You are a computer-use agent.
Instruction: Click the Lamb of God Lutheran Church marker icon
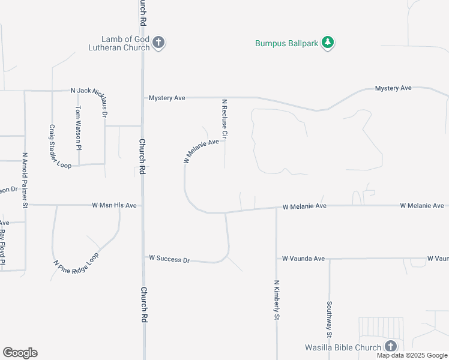click(x=158, y=43)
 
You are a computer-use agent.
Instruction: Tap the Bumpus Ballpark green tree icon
click(x=328, y=43)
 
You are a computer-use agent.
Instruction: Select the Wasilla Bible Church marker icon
click(x=391, y=346)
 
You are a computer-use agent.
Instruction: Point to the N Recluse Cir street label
click(x=224, y=119)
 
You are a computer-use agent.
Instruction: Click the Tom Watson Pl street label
click(x=78, y=127)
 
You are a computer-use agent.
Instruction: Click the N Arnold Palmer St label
click(x=25, y=180)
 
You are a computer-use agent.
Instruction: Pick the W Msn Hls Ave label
click(x=114, y=205)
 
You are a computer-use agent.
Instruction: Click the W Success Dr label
click(x=169, y=259)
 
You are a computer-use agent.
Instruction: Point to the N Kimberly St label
click(x=277, y=299)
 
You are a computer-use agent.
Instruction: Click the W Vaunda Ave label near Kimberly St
click(x=303, y=259)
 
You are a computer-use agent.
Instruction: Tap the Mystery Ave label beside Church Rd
click(x=167, y=98)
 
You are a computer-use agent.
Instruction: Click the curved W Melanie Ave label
click(x=201, y=152)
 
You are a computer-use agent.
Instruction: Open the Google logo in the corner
click(x=20, y=353)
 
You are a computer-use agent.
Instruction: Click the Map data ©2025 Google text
click(x=412, y=355)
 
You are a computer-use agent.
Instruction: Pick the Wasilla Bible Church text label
click(x=343, y=347)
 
